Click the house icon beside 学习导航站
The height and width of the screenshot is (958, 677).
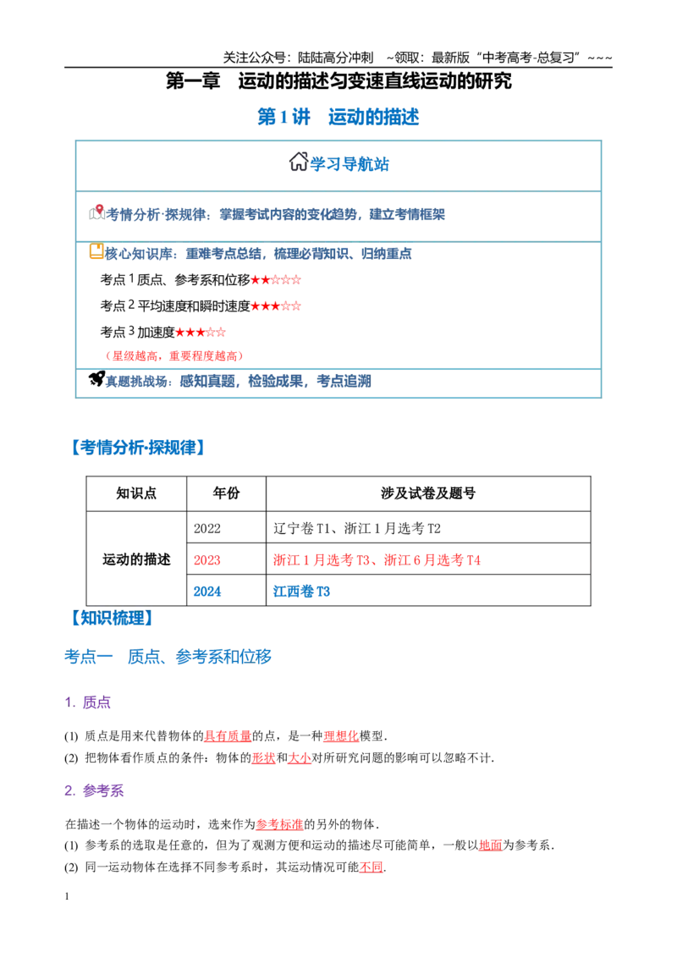pyautogui.click(x=298, y=162)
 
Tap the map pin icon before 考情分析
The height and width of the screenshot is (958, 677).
pyautogui.click(x=97, y=212)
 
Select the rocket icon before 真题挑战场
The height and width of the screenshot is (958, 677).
pyautogui.click(x=96, y=379)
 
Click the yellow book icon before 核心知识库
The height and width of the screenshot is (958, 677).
pyautogui.click(x=96, y=251)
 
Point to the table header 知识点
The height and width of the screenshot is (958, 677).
pyautogui.click(x=136, y=493)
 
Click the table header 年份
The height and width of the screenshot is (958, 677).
pyautogui.click(x=226, y=493)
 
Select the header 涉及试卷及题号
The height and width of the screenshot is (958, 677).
pyautogui.click(x=427, y=493)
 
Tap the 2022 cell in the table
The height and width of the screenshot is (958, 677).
pyautogui.click(x=207, y=528)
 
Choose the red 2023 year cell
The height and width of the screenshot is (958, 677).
pyautogui.click(x=207, y=560)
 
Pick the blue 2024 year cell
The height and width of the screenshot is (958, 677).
pyautogui.click(x=207, y=592)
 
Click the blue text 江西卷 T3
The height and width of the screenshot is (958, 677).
pyautogui.click(x=301, y=592)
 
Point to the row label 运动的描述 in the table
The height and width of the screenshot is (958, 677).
pyautogui.click(x=136, y=559)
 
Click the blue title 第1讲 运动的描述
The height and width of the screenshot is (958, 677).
pyautogui.click(x=338, y=117)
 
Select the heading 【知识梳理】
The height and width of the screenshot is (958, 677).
pyautogui.click(x=111, y=619)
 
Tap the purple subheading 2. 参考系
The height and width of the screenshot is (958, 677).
pyautogui.click(x=94, y=790)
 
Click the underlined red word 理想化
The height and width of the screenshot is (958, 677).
pyautogui.click(x=342, y=735)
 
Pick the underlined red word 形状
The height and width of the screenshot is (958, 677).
pyautogui.click(x=264, y=757)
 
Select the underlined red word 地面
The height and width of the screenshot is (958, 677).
pyautogui.click(x=491, y=845)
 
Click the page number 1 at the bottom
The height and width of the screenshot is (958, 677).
pyautogui.click(x=67, y=896)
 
